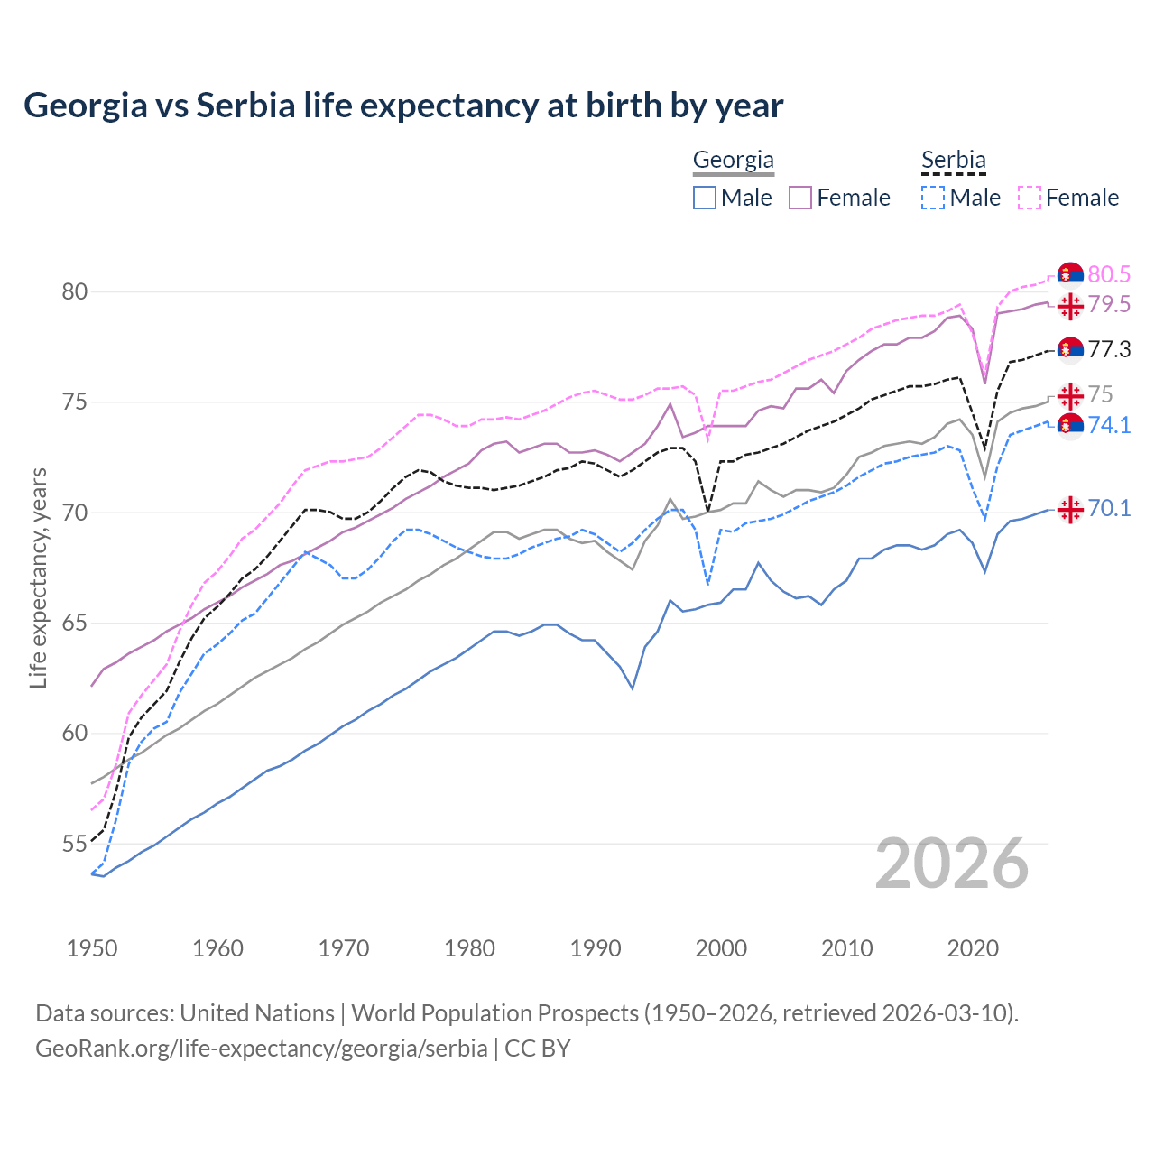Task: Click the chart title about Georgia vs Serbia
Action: point(403,106)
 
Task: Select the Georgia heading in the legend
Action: point(733,160)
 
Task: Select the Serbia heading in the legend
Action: point(953,160)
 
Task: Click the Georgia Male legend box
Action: point(705,198)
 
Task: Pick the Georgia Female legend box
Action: point(800,198)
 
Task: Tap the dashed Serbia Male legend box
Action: point(933,198)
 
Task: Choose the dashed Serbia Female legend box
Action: point(1030,198)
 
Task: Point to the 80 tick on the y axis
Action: point(74,291)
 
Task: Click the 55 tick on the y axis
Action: point(74,845)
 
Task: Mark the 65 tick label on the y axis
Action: point(74,624)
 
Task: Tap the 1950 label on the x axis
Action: point(92,948)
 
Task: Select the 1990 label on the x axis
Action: point(596,948)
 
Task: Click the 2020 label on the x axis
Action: point(973,948)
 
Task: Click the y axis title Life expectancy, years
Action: point(39,577)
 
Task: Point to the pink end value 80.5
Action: point(1109,274)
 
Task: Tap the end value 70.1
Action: point(1109,509)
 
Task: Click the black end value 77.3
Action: point(1109,349)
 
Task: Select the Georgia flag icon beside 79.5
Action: point(1070,306)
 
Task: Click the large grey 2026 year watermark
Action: point(952,864)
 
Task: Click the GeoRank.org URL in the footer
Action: point(262,1049)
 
